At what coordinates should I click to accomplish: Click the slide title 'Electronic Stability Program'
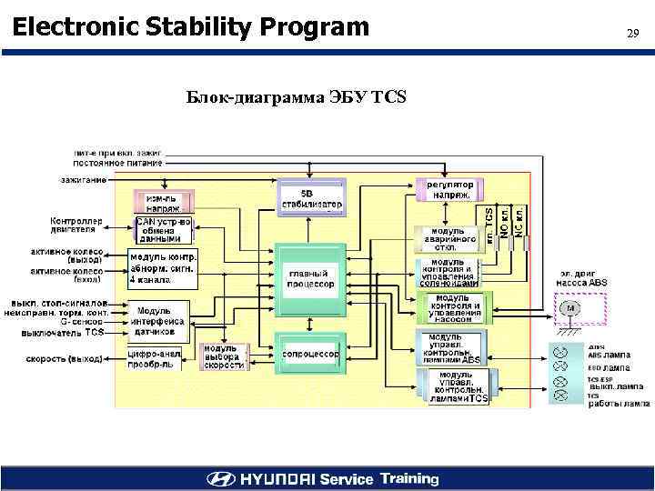pyautogui.click(x=191, y=27)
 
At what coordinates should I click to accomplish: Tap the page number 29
pyautogui.click(x=633, y=34)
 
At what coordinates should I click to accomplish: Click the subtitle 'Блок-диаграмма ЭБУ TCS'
pyautogui.click(x=297, y=96)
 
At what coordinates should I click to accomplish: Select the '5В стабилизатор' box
pyautogui.click(x=311, y=199)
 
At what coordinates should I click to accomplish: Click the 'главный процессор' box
pyautogui.click(x=311, y=278)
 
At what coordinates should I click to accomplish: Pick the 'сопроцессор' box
pyautogui.click(x=311, y=354)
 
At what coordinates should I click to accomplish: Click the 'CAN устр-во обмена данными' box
pyautogui.click(x=165, y=230)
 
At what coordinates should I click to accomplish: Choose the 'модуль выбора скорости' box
pyautogui.click(x=223, y=358)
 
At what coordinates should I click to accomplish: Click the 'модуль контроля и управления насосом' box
pyautogui.click(x=452, y=308)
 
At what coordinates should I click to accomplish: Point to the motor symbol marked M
pyautogui.click(x=570, y=308)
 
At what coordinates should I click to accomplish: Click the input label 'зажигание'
pyautogui.click(x=84, y=179)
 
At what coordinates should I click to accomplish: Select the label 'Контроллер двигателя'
pyautogui.click(x=77, y=225)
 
